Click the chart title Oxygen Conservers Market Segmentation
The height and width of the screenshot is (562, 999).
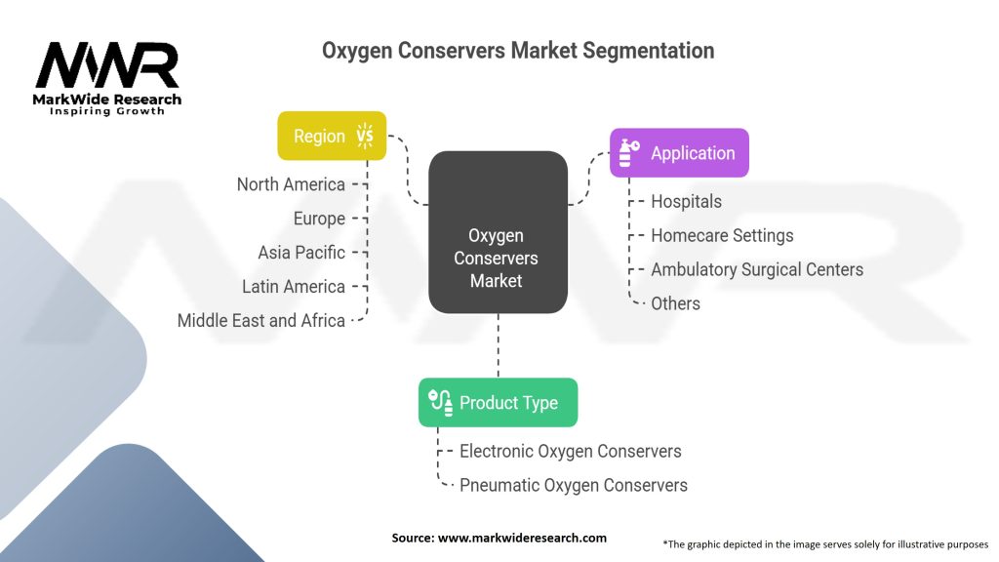518,50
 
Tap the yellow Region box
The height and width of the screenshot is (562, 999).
332,136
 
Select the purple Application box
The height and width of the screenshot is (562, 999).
679,153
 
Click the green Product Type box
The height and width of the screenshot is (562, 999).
498,402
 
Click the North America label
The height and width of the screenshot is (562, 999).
291,184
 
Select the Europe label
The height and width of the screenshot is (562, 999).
319,219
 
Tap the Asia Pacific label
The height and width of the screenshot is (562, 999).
301,253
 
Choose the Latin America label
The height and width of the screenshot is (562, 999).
294,287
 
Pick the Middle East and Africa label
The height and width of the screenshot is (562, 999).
261,321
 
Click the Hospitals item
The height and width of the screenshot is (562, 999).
687,202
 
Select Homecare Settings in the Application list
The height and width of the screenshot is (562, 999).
722,236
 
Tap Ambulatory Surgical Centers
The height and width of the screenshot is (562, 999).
757,269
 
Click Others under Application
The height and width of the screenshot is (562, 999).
675,303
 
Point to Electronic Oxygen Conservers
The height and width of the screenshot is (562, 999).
570,451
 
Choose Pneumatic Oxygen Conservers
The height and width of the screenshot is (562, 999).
573,485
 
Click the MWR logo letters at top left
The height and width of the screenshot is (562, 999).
107,66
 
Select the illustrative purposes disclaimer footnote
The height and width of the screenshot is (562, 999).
824,543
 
